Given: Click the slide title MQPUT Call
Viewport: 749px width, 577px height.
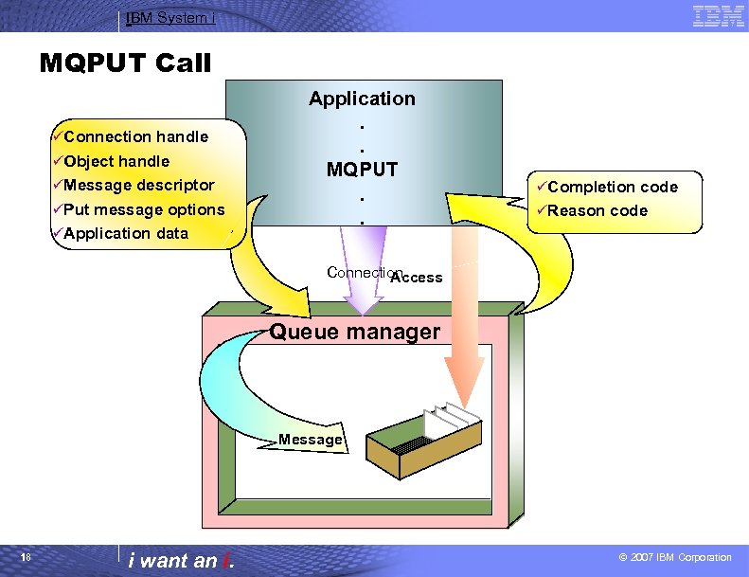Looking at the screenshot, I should click(125, 63).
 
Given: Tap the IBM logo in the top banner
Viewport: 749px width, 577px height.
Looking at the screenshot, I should click(718, 15).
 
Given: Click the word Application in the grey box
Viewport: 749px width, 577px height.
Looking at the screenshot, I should click(362, 99).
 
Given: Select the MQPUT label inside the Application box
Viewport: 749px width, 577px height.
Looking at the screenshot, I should click(362, 171).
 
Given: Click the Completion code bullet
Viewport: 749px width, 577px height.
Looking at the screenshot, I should click(612, 187).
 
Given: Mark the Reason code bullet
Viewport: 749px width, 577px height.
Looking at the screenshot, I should click(597, 210).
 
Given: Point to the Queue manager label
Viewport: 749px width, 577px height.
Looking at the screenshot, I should click(355, 332).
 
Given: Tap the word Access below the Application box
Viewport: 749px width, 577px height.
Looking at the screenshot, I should click(417, 278).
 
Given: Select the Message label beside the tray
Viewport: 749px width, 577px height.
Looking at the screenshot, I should click(310, 440).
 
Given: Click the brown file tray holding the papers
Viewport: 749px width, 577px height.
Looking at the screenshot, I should click(417, 446).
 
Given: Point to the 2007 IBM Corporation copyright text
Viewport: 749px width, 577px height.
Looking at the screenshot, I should click(673, 558).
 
